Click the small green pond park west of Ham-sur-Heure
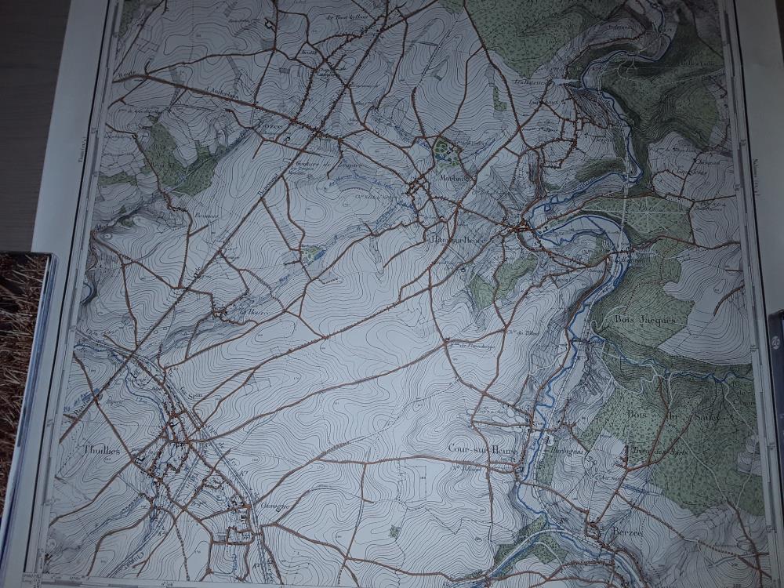[313, 252]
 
